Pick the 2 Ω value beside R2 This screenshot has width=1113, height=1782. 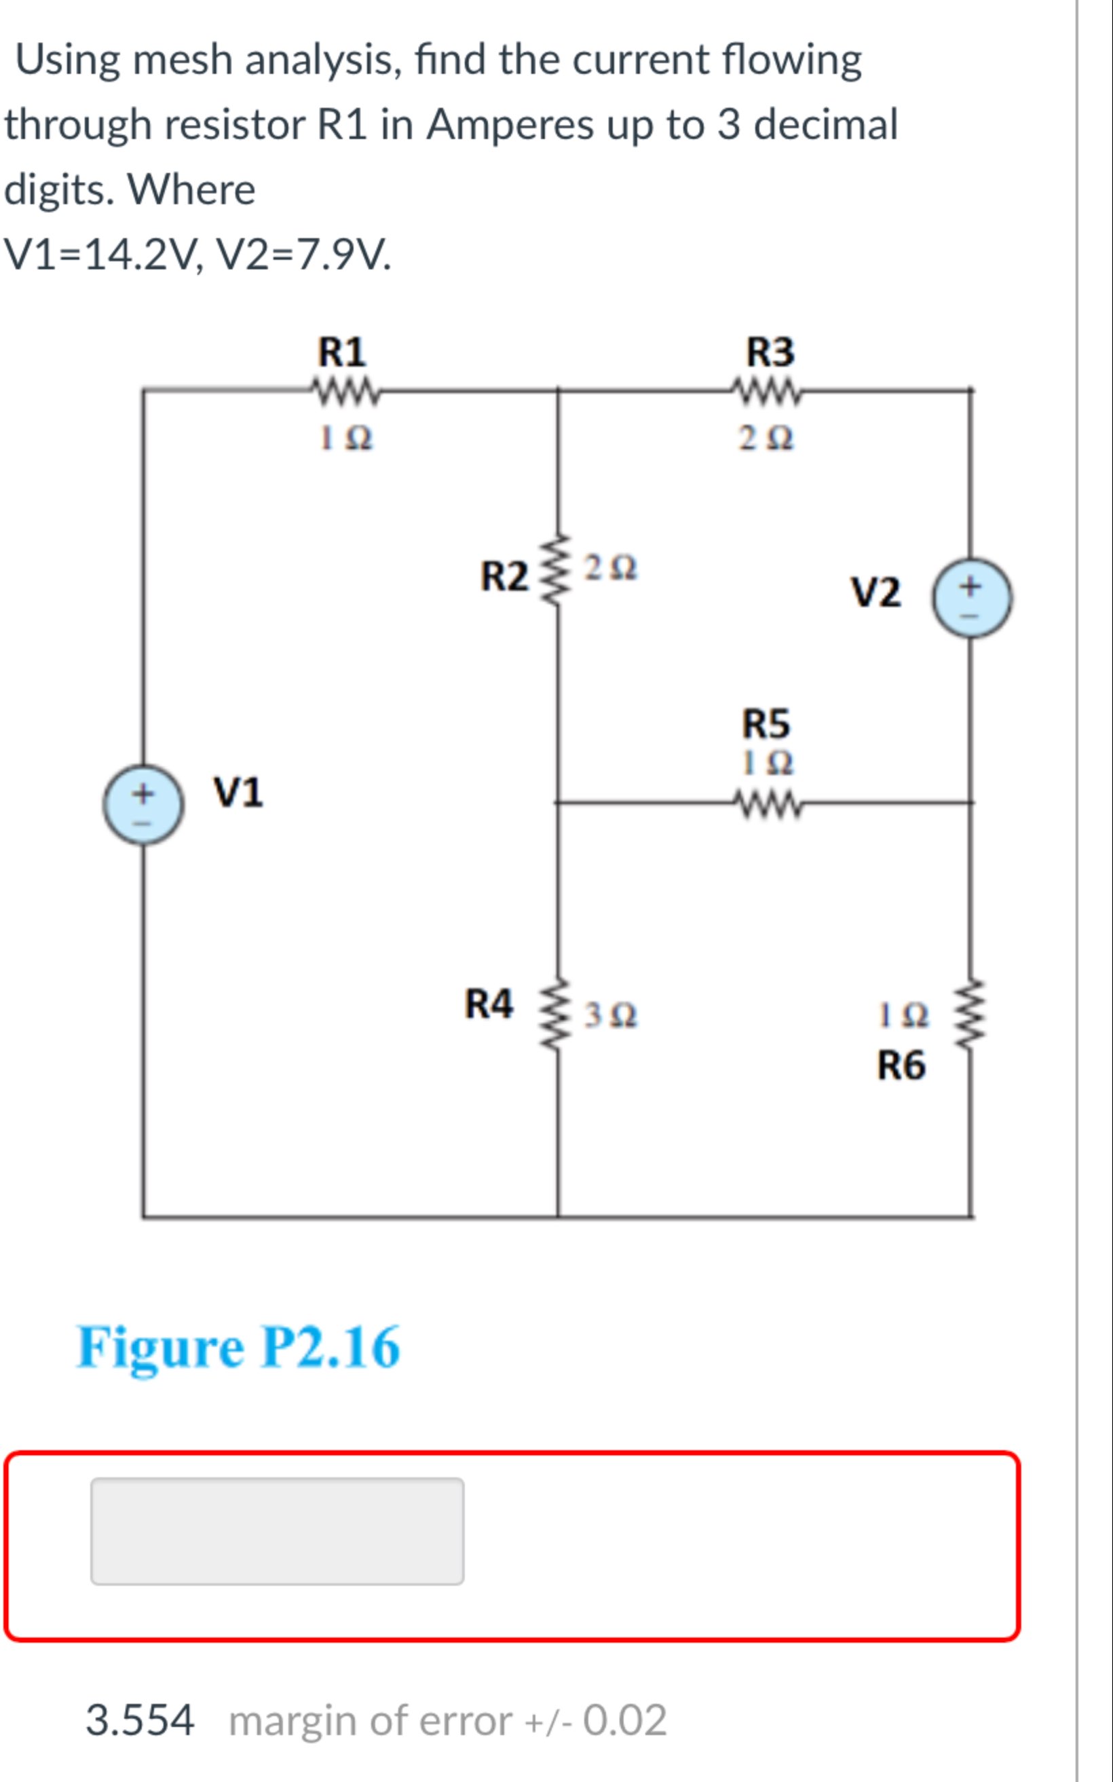point(610,568)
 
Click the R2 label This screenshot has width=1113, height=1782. point(504,576)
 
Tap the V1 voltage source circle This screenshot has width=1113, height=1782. point(143,805)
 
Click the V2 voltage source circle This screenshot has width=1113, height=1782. point(972,597)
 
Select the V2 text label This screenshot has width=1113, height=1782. point(875,592)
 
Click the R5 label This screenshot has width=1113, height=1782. point(765,723)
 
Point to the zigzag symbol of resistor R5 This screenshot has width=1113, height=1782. point(767,803)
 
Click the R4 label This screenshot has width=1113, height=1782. point(488,1004)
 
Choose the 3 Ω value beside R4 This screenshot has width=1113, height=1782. point(610,1016)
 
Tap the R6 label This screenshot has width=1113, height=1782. point(901,1066)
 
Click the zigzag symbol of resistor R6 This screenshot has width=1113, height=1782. point(971,1017)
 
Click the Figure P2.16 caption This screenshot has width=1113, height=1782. point(238,1347)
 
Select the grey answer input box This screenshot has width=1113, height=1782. point(277,1531)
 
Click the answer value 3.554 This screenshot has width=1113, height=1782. point(140,1720)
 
